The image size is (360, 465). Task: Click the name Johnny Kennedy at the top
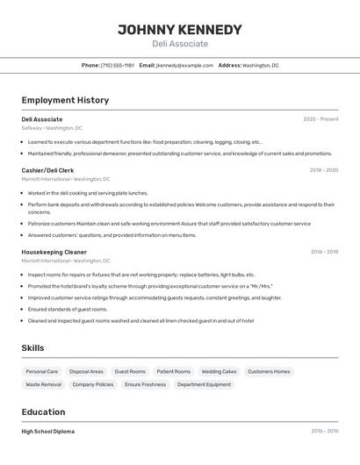tap(180, 29)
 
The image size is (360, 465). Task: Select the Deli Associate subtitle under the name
tap(180, 44)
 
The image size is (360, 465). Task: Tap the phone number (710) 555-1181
tap(117, 65)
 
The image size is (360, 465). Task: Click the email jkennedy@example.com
tap(184, 65)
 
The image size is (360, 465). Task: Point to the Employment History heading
tap(65, 100)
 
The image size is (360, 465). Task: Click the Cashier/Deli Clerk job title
tap(47, 170)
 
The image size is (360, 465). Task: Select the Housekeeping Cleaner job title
tap(54, 252)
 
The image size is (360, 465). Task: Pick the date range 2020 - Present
tap(320, 119)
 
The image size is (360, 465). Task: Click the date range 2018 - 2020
tap(323, 170)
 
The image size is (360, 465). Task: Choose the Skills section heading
tap(32, 348)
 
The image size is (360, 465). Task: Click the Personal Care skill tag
tap(42, 371)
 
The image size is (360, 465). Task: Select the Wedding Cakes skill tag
tap(219, 371)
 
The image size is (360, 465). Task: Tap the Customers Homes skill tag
tap(269, 371)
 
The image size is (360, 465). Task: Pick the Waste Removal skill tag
tap(44, 384)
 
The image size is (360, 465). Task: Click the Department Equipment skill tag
tap(204, 384)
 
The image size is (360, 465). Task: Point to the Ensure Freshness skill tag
tap(145, 384)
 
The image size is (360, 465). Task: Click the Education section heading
tap(43, 412)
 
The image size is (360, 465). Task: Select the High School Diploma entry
tap(47, 432)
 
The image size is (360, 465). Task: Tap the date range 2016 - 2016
tap(324, 432)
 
